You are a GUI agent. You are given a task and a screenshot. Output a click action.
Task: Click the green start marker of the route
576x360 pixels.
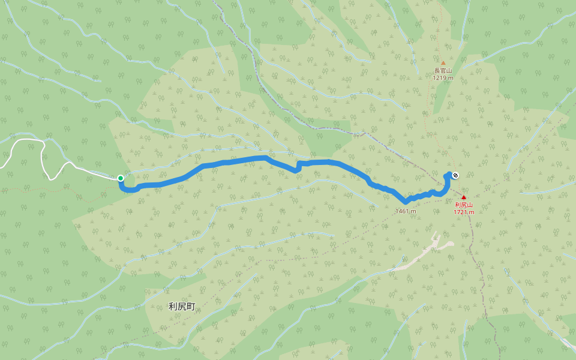pos(121,178)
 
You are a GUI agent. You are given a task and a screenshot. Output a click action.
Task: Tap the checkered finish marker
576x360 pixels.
pos(456,175)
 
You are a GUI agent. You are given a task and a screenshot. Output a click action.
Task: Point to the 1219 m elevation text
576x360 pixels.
pos(443,78)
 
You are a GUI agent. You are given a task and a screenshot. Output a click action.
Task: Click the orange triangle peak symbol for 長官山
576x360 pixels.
pos(443,62)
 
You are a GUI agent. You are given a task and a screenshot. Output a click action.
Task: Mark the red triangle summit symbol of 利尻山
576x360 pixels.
pos(463,197)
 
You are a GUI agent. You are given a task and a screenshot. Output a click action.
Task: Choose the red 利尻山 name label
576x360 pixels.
pos(463,205)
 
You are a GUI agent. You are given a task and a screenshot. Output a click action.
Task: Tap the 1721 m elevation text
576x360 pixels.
pos(463,212)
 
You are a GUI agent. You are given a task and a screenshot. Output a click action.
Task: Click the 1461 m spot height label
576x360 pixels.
pos(406,211)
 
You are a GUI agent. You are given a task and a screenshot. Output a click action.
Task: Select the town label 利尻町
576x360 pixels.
pos(182,307)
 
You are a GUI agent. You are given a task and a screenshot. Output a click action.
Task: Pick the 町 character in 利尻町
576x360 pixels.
pos(191,307)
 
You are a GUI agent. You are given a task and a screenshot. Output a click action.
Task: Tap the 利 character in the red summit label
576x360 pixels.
pos(457,205)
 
